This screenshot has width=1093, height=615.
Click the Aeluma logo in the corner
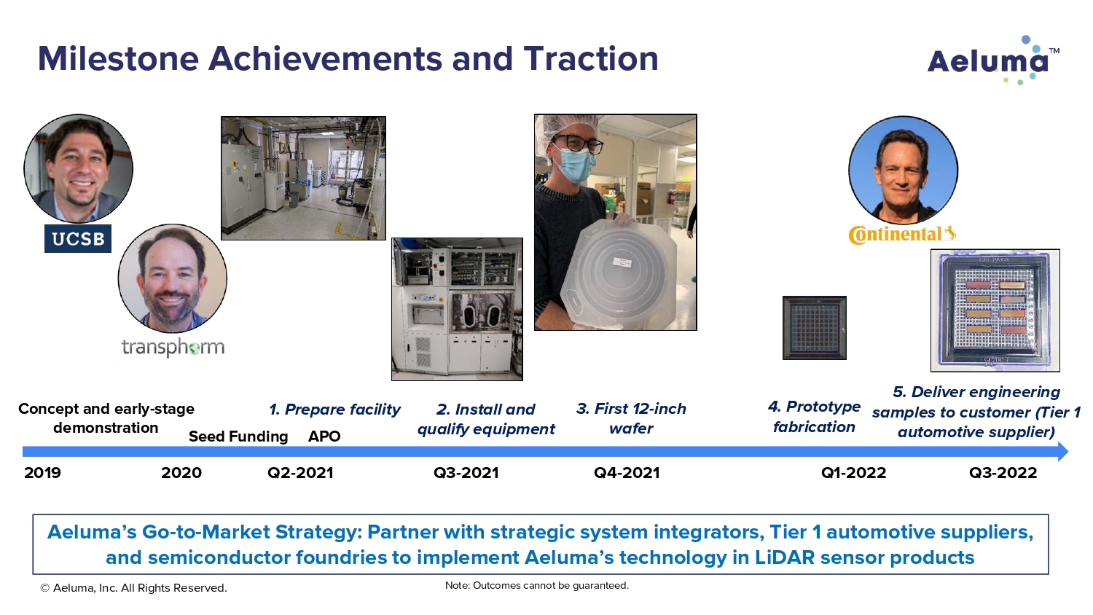[x=993, y=60]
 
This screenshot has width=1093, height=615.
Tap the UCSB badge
[x=77, y=238]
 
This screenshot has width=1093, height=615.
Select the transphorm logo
[x=173, y=347]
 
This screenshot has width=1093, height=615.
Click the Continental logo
[x=903, y=235]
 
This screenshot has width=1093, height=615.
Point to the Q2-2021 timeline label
[x=300, y=472]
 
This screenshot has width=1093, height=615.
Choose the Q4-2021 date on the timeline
[x=627, y=472]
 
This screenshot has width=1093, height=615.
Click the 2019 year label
[x=42, y=472]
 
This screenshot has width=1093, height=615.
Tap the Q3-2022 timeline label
[x=1003, y=472]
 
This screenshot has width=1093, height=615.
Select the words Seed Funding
[x=238, y=436]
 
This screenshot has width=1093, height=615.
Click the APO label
[x=324, y=436]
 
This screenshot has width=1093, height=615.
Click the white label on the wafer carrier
[x=622, y=262]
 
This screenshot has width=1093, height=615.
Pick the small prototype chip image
[x=815, y=327]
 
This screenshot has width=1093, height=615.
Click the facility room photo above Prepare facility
[x=303, y=178]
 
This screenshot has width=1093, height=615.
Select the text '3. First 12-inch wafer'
[x=631, y=418]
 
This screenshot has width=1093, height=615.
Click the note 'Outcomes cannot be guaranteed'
[x=537, y=585]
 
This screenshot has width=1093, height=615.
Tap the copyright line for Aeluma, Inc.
[x=133, y=587]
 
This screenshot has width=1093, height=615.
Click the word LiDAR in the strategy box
[x=785, y=557]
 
